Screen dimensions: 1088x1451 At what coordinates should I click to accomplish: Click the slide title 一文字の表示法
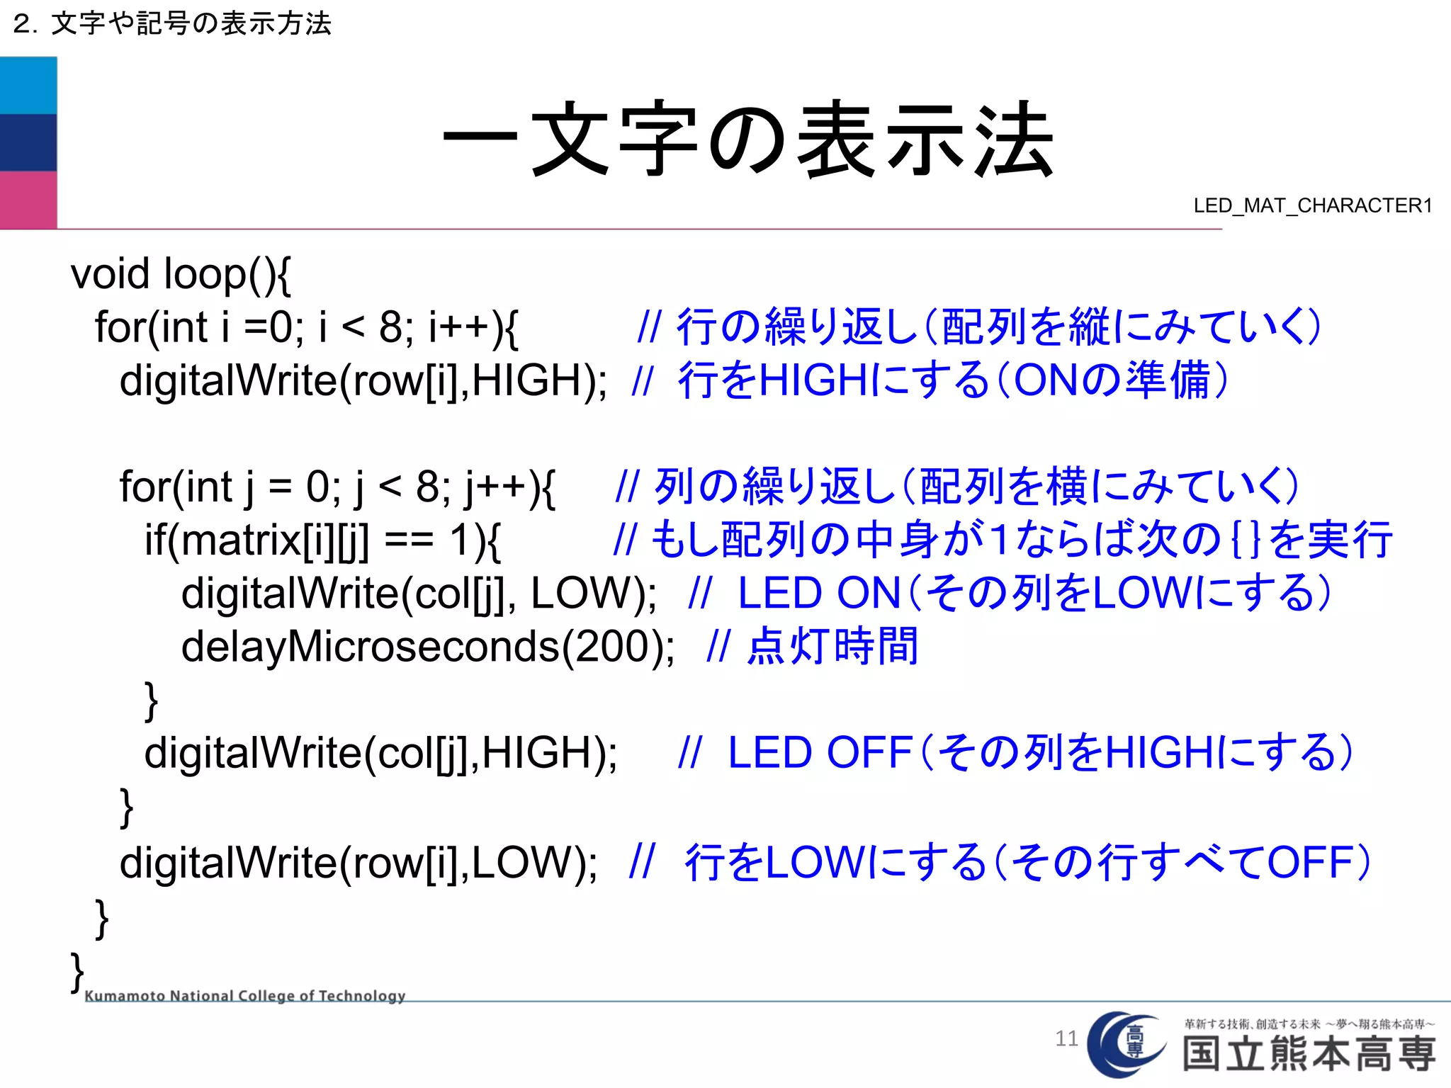pyautogui.click(x=748, y=139)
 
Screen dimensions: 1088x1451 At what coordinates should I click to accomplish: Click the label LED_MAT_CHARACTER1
pyautogui.click(x=1312, y=205)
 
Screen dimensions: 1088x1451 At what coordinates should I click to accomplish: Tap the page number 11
pyautogui.click(x=1066, y=1038)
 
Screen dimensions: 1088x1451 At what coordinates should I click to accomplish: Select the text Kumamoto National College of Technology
pyautogui.click(x=244, y=995)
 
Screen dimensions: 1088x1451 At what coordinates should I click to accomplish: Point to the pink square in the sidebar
pyautogui.click(x=28, y=200)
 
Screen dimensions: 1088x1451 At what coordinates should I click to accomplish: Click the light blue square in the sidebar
pyautogui.click(x=28, y=86)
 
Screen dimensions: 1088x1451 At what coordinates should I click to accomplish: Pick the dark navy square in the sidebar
pyautogui.click(x=28, y=142)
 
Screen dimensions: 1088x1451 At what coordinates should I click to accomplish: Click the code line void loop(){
pyautogui.click(x=181, y=274)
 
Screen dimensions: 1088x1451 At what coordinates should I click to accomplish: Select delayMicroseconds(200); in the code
pyautogui.click(x=428, y=647)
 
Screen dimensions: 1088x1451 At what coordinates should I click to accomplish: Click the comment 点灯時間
pyautogui.click(x=833, y=647)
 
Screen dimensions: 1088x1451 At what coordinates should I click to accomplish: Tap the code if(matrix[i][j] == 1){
pyautogui.click(x=322, y=540)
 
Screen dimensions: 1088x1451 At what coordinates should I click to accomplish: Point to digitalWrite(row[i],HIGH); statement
pyautogui.click(x=363, y=380)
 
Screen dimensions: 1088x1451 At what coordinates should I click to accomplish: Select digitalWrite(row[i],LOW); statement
pyautogui.click(x=358, y=863)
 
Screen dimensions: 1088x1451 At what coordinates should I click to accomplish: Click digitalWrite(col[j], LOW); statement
pyautogui.click(x=419, y=594)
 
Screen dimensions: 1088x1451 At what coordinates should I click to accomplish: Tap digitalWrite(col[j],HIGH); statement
pyautogui.click(x=381, y=753)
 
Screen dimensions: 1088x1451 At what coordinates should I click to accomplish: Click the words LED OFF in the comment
pyautogui.click(x=820, y=753)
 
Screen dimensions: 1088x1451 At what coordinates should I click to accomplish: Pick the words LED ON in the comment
pyautogui.click(x=818, y=594)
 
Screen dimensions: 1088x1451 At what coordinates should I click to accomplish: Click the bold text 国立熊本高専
pyautogui.click(x=1309, y=1054)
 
